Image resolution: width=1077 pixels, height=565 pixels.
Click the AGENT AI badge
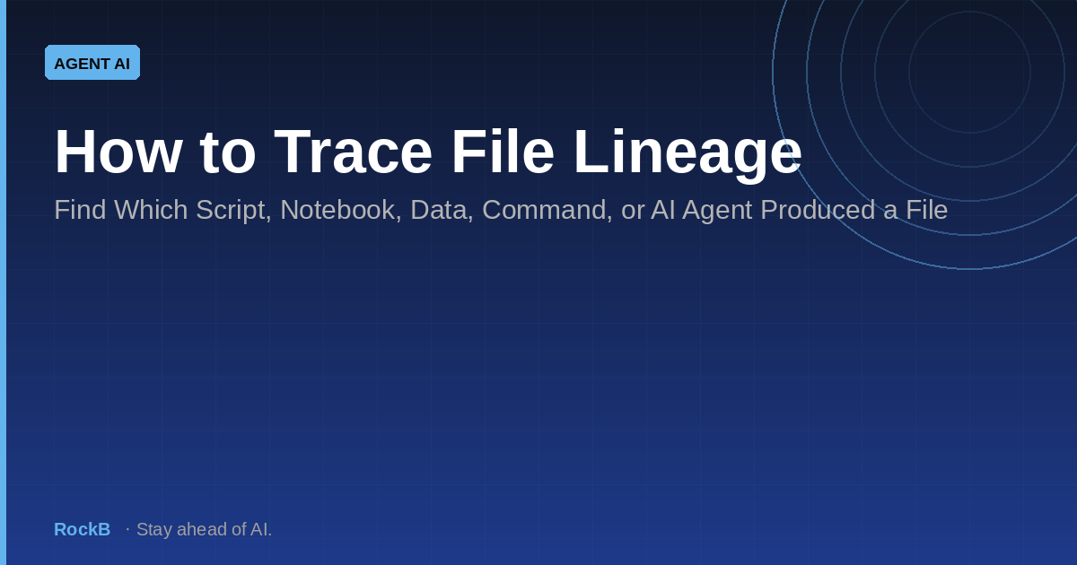[92, 63]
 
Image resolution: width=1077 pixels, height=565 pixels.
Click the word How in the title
[118, 152]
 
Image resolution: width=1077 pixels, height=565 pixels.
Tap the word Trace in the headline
[354, 152]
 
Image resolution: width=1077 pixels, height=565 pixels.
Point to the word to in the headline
[228, 152]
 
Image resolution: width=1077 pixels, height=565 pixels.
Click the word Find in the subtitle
[80, 210]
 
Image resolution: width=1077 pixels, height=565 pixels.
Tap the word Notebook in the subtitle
[340, 211]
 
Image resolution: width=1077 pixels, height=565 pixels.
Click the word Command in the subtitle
[547, 211]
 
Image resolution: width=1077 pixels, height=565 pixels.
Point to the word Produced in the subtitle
[818, 210]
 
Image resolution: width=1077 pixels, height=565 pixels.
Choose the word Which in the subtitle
[151, 210]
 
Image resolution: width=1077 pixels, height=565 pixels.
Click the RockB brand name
[83, 529]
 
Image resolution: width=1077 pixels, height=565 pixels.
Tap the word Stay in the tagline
[154, 529]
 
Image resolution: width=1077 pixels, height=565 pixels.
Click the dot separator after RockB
[127, 529]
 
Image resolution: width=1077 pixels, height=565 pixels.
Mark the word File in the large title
[503, 152]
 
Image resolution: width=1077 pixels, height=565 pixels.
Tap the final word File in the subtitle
[927, 210]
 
